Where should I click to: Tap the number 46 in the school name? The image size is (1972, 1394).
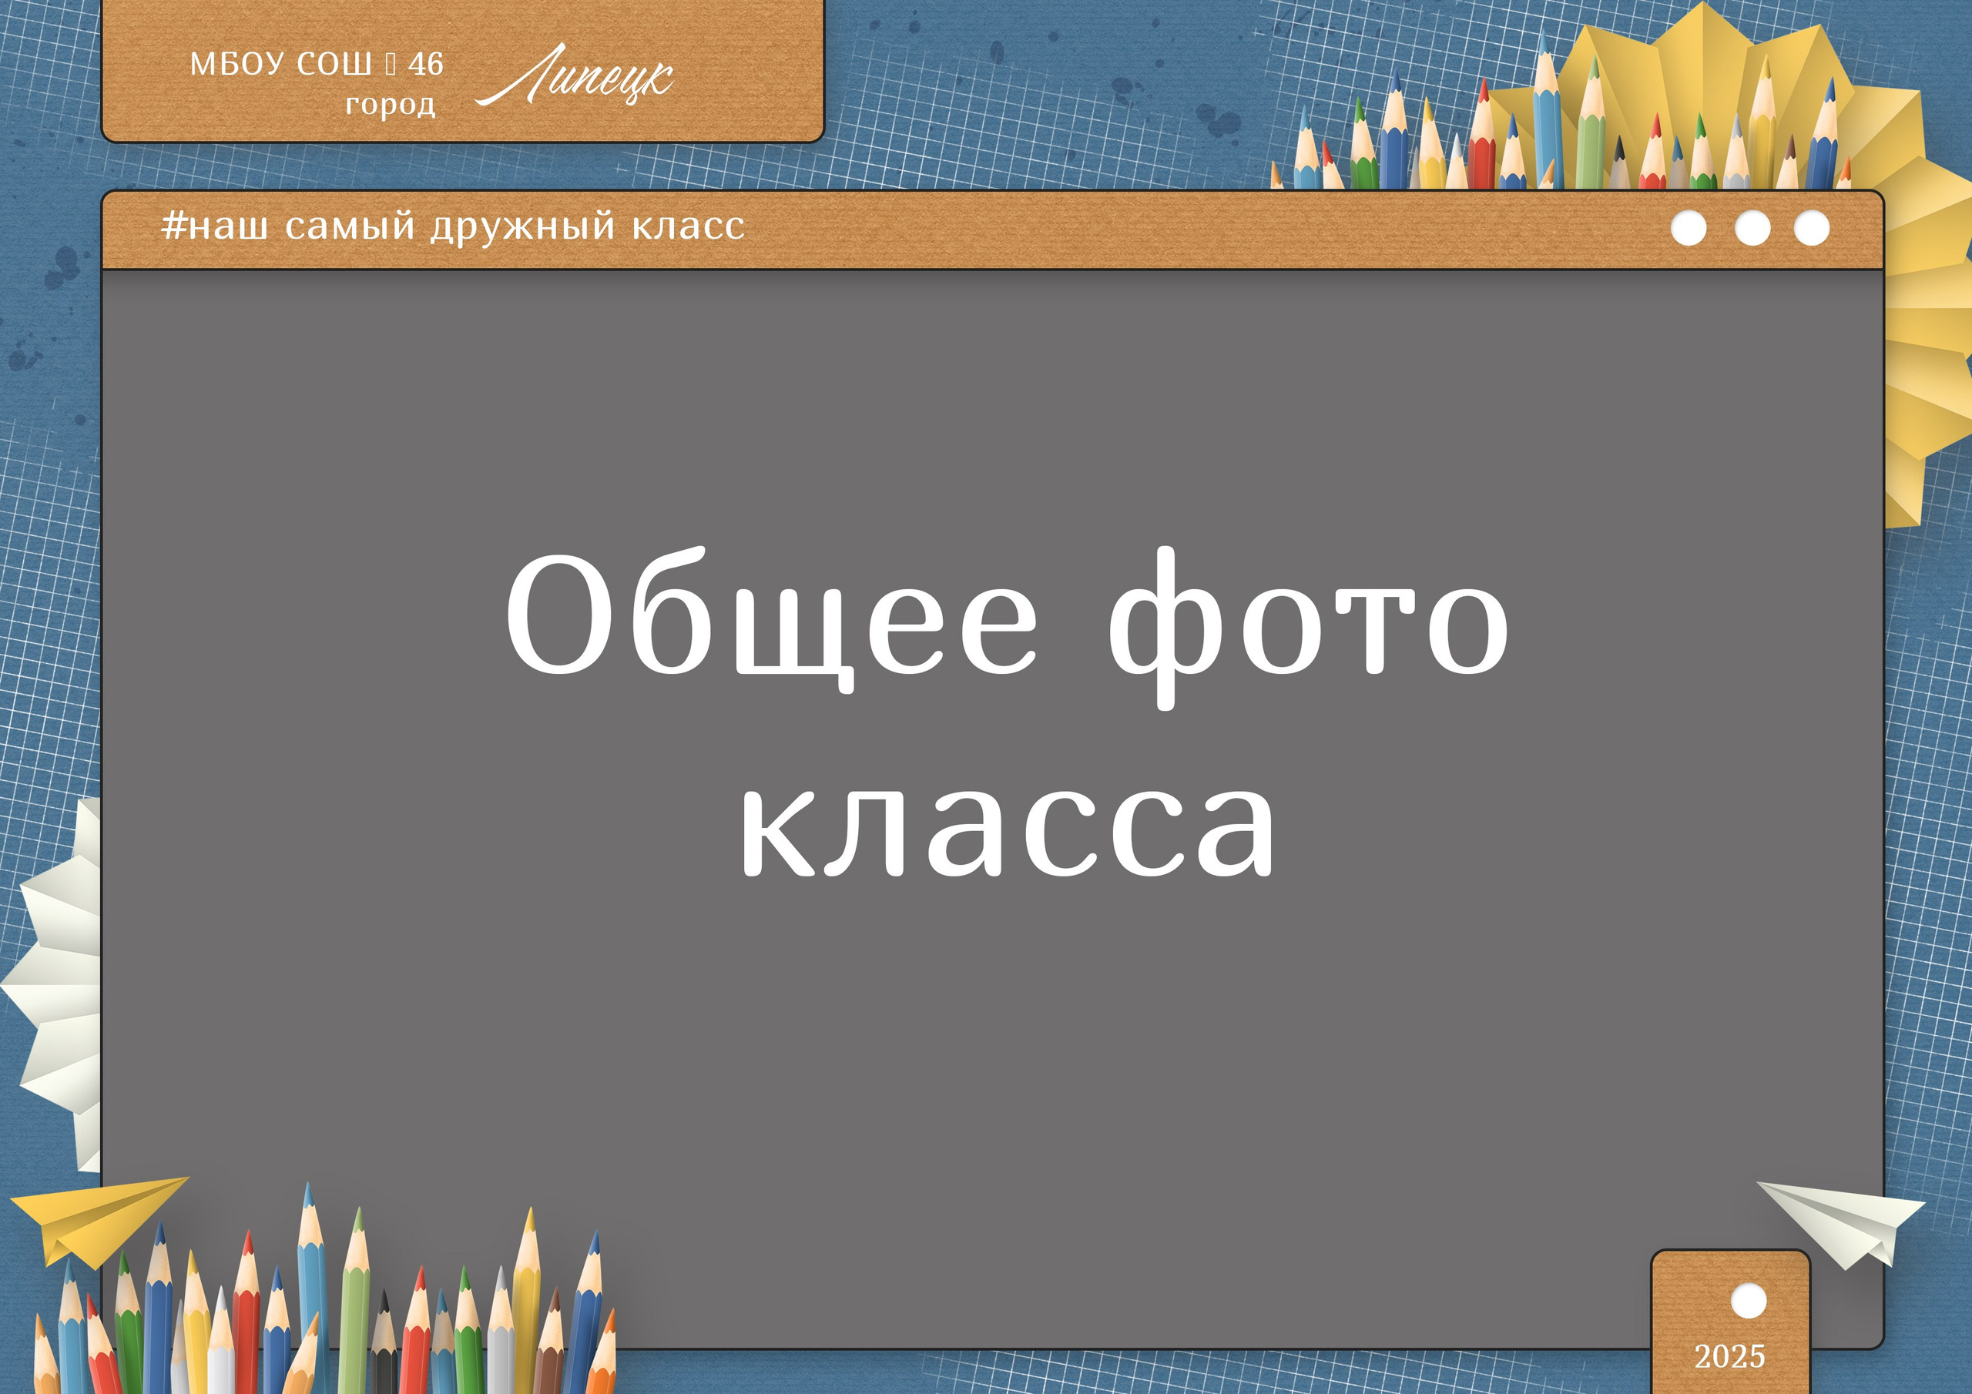tap(425, 64)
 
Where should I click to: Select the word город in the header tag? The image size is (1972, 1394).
tap(390, 105)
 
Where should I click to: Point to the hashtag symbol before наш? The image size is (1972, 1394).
tap(173, 226)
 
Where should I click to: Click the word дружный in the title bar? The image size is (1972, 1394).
tap(523, 226)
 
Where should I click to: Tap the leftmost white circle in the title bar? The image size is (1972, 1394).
tap(1689, 229)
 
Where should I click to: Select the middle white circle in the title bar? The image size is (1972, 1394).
tap(1752, 229)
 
